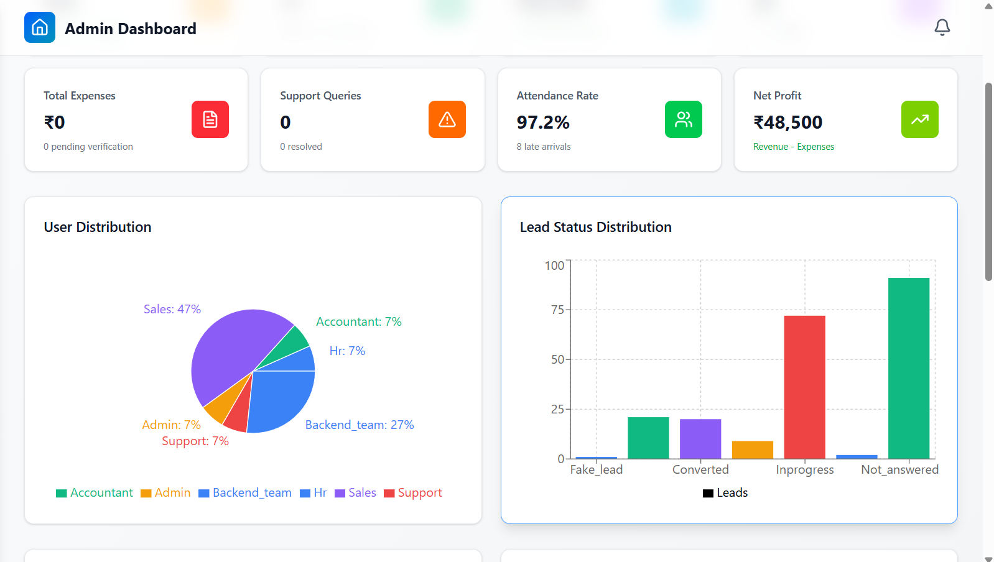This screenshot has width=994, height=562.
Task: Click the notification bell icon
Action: pyautogui.click(x=942, y=27)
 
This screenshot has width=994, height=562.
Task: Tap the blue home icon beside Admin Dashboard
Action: pyautogui.click(x=40, y=27)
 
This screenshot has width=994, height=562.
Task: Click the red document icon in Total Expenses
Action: pyautogui.click(x=210, y=119)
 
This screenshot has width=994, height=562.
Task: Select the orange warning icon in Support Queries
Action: pyautogui.click(x=447, y=119)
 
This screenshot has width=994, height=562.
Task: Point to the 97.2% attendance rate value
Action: pyautogui.click(x=543, y=122)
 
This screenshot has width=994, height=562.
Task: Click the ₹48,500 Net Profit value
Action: pyautogui.click(x=787, y=122)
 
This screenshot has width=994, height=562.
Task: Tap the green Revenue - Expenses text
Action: pyautogui.click(x=793, y=147)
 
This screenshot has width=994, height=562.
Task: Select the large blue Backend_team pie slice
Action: pyautogui.click(x=283, y=398)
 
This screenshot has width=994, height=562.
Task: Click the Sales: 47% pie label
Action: pyautogui.click(x=172, y=309)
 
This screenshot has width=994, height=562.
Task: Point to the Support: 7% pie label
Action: pyautogui.click(x=195, y=441)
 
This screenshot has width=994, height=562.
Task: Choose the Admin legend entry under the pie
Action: pyautogui.click(x=165, y=493)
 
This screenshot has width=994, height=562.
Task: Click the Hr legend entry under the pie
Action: pyautogui.click(x=314, y=493)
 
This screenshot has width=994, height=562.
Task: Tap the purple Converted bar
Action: pyautogui.click(x=700, y=439)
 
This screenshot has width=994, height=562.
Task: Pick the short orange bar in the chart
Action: pyautogui.click(x=752, y=449)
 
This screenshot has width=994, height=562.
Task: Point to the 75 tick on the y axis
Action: pyautogui.click(x=557, y=310)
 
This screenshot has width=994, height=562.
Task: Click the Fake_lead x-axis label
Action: pyautogui.click(x=596, y=470)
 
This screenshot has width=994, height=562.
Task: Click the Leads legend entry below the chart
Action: pyautogui.click(x=725, y=493)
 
